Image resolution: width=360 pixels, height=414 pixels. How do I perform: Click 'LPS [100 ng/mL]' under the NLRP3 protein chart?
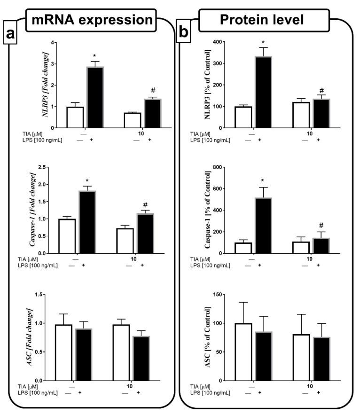211,140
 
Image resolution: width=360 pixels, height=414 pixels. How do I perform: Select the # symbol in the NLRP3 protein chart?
321,91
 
